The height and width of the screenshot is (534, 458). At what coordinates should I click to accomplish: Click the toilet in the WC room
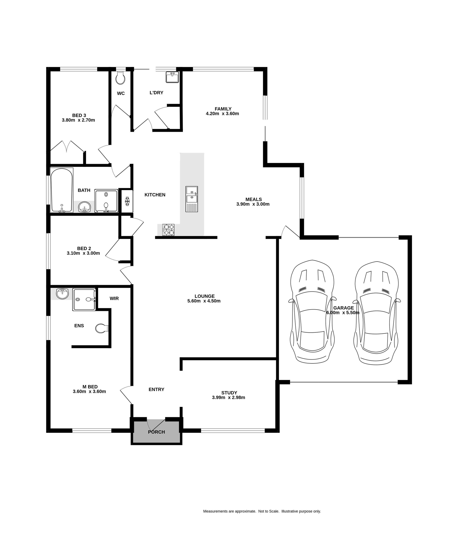pos(120,78)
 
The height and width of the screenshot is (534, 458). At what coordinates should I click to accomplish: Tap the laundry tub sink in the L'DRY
pos(172,77)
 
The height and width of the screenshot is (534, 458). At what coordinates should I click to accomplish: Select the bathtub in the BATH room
pos(62,190)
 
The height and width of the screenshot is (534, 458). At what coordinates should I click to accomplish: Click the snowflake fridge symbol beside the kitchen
pos(127,201)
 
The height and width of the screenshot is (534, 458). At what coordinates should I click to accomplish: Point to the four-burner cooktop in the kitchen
pos(168,230)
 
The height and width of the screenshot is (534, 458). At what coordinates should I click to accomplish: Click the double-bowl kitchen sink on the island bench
pos(192,199)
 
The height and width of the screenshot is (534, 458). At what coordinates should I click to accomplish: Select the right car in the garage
pos(376,312)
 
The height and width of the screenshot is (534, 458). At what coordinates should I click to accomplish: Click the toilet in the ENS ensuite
pos(102,328)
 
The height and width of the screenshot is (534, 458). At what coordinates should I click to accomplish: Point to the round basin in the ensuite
pos(62,294)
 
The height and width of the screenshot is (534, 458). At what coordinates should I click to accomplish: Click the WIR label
pos(114,298)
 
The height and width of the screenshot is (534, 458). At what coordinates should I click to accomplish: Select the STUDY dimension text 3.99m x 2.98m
pos(228,397)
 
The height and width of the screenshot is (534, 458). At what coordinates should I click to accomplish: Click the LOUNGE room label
pos(204,296)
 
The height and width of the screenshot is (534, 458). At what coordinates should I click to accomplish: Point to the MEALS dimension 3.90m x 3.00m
pos(253,204)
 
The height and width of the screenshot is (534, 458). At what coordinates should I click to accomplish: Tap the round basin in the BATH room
pos(85,207)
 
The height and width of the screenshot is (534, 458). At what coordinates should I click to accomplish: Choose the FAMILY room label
pos(223,109)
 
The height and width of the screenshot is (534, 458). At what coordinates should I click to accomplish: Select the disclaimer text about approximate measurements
pos(262,511)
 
